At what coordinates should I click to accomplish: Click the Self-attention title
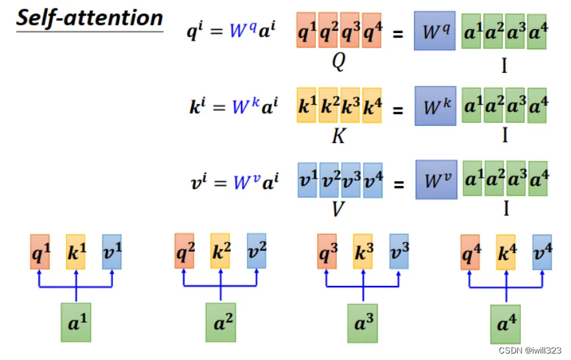(x=89, y=18)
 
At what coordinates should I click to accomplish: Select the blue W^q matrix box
(x=435, y=31)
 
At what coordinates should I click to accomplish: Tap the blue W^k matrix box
(x=435, y=105)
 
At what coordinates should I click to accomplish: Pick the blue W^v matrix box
(x=436, y=180)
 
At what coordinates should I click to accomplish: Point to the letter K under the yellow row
(x=338, y=138)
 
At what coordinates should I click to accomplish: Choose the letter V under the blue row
(x=338, y=209)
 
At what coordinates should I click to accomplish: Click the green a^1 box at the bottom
(x=77, y=322)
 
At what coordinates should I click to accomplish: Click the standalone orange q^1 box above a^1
(x=40, y=252)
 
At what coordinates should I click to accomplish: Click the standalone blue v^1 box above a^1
(x=112, y=252)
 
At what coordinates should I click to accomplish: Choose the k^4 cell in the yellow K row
(x=372, y=105)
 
